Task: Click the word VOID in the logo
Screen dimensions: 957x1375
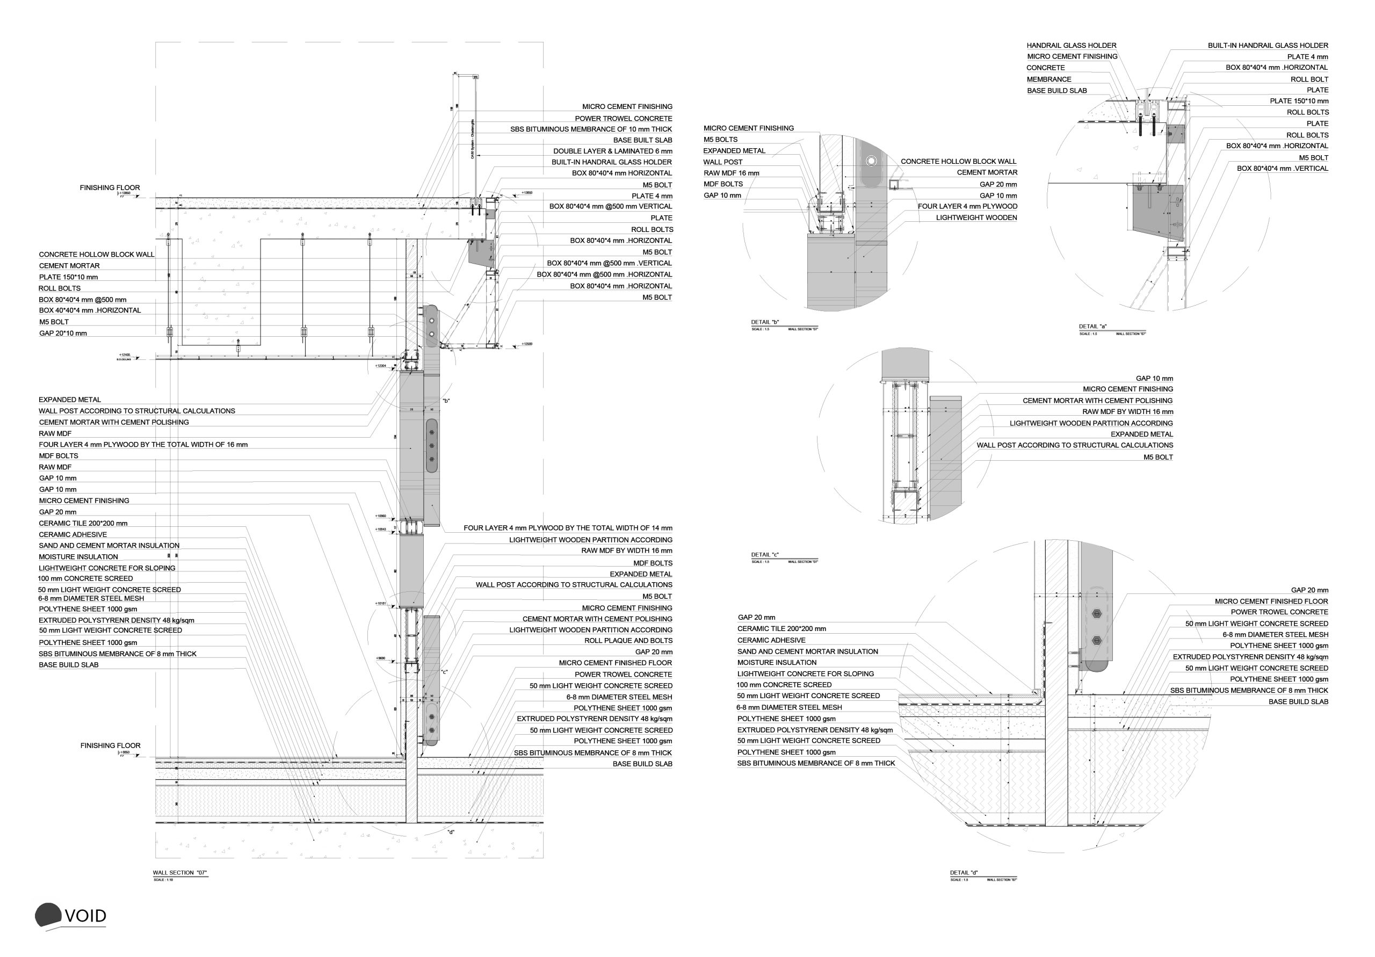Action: [x=85, y=916]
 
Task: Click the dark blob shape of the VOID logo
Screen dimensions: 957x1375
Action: [x=48, y=915]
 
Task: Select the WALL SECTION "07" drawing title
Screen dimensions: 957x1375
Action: [x=179, y=873]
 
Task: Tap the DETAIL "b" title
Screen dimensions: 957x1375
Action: [x=765, y=322]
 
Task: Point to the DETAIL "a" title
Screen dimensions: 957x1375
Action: [x=1092, y=327]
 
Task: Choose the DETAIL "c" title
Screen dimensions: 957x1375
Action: [x=765, y=555]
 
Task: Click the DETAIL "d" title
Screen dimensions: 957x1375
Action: [x=964, y=873]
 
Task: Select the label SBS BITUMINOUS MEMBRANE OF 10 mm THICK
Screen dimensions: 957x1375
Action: [x=590, y=129]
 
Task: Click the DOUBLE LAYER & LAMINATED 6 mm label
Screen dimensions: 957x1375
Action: [x=612, y=151]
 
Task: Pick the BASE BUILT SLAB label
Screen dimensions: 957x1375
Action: [x=642, y=140]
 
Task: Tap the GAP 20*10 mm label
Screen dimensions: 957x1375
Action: [x=63, y=333]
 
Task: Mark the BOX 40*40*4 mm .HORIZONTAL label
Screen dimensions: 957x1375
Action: [x=90, y=310]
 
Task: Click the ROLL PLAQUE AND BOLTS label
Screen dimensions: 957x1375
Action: [x=628, y=641]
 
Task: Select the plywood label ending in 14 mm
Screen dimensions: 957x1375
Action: [x=568, y=528]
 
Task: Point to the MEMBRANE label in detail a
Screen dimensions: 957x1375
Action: [x=1048, y=79]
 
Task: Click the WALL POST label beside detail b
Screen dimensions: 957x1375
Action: [x=722, y=162]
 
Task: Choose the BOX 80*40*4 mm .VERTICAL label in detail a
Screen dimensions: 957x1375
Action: [x=1282, y=168]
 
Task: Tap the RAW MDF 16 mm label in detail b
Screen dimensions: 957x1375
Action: [x=730, y=173]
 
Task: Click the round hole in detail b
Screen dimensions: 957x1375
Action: [x=871, y=161]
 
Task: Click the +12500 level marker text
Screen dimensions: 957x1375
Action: [x=526, y=344]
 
